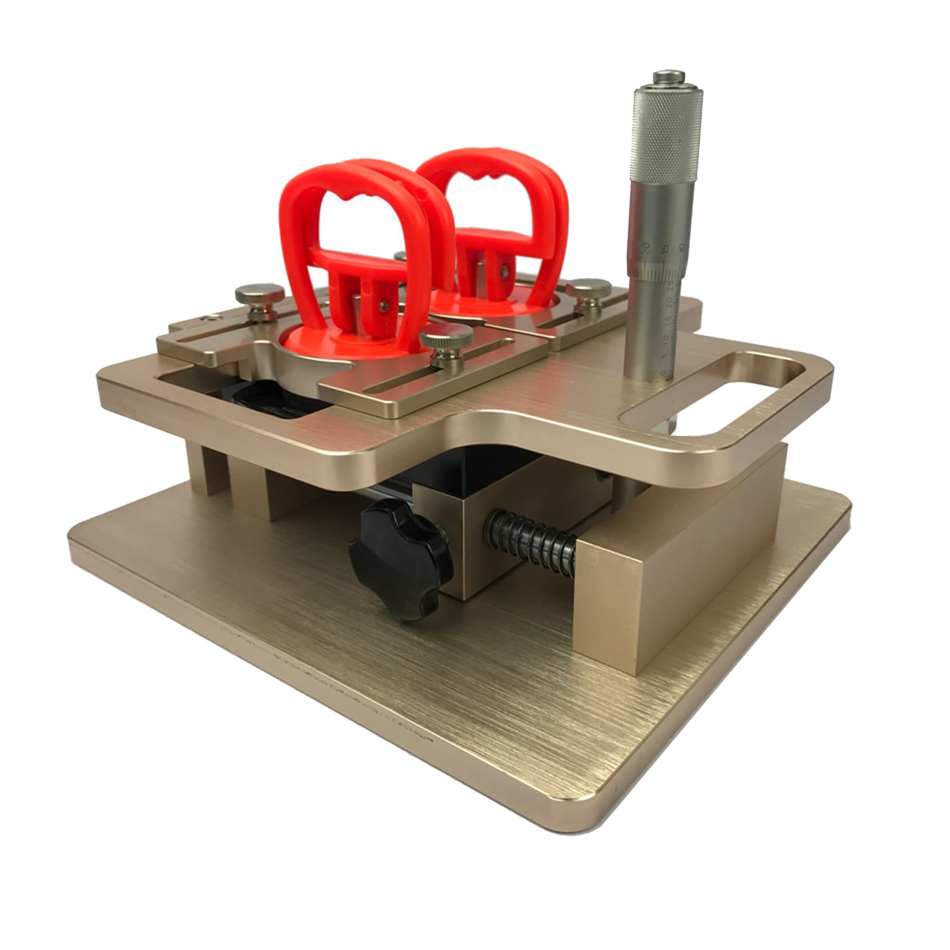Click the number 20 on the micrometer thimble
click(645, 246)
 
